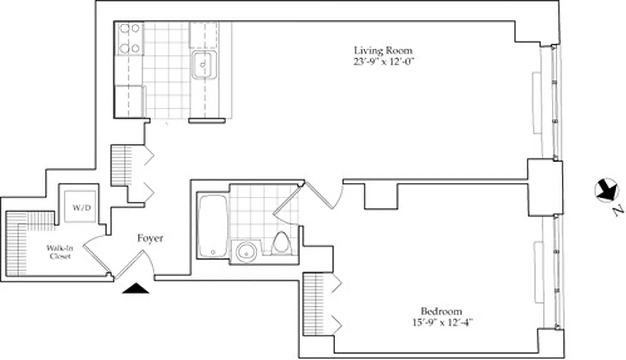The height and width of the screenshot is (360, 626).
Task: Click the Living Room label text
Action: (x=383, y=50)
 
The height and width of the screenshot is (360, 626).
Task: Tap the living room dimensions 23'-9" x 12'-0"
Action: (x=383, y=63)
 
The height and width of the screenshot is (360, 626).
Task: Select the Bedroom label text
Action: (x=441, y=311)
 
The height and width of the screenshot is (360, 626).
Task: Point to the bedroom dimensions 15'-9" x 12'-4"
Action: (x=441, y=323)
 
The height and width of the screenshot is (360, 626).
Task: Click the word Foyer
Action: (x=150, y=238)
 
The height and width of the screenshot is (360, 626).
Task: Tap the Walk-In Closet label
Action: (x=58, y=252)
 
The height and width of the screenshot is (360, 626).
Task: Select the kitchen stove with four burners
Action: (x=130, y=38)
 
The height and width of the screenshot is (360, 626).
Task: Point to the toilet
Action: (x=282, y=243)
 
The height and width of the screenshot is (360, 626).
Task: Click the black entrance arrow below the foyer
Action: (x=135, y=288)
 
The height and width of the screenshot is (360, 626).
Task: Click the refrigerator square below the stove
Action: (x=129, y=101)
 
